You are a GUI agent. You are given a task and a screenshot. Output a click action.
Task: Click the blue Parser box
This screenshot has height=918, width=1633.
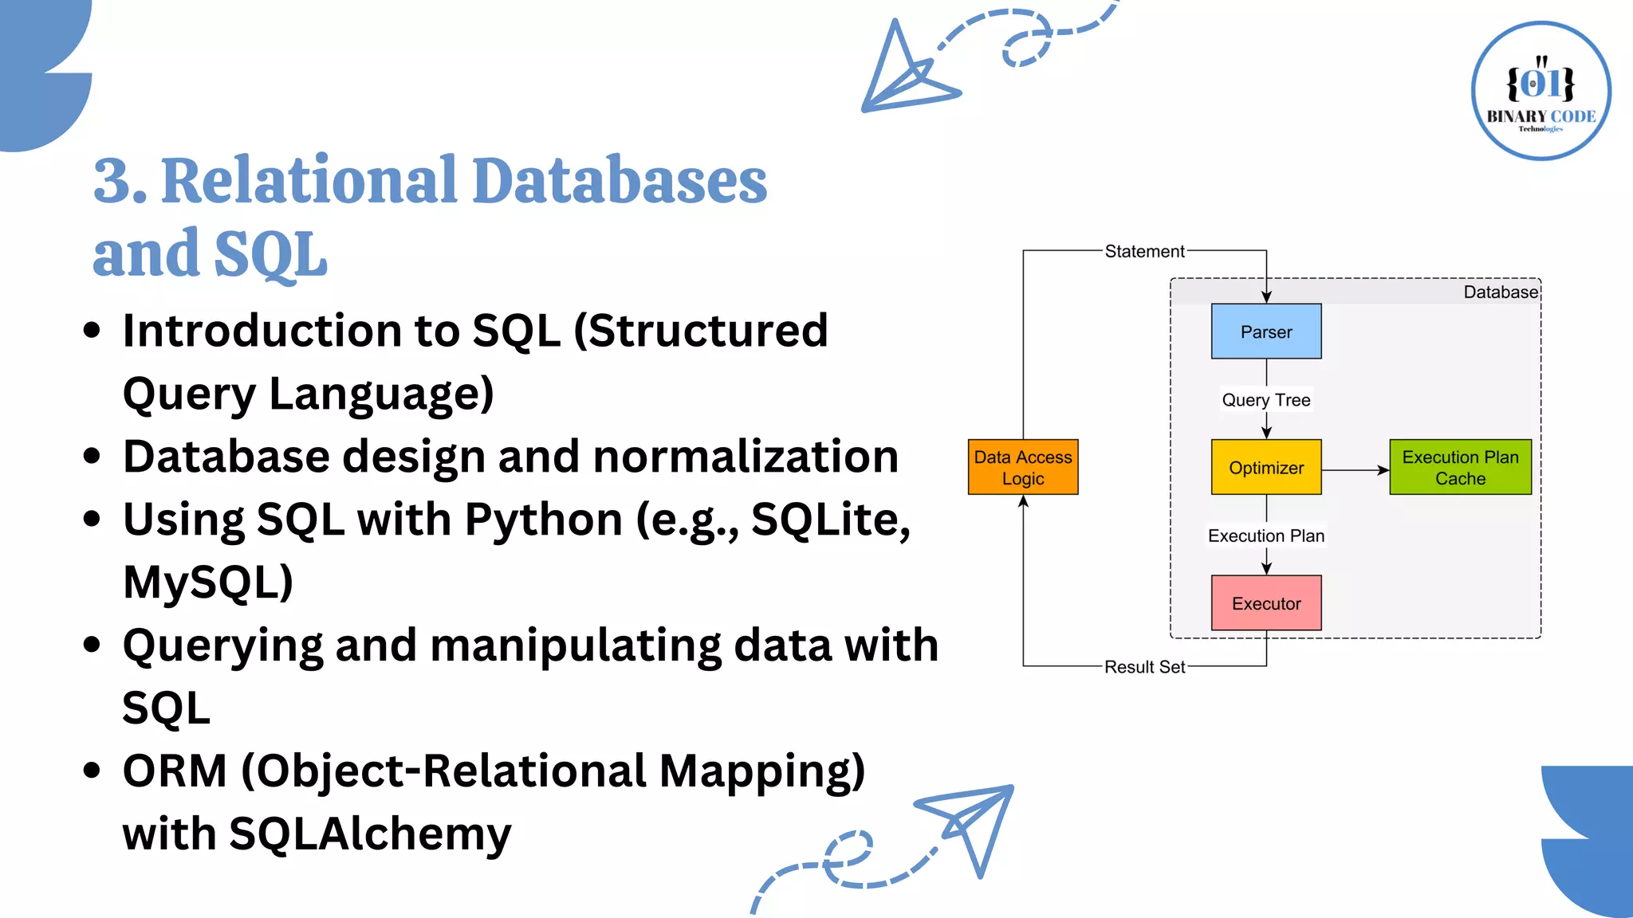pyautogui.click(x=1265, y=331)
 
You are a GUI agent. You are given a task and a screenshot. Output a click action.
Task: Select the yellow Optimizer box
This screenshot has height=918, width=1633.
pyautogui.click(x=1265, y=468)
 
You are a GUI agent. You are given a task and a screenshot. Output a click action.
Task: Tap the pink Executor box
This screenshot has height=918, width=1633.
pyautogui.click(x=1265, y=603)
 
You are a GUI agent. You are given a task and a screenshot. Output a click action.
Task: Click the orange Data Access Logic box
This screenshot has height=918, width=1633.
pyautogui.click(x=1022, y=468)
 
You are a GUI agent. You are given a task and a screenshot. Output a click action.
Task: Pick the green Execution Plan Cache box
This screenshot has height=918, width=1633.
pyautogui.click(x=1460, y=468)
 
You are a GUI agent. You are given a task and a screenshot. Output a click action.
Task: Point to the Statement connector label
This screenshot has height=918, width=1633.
pyautogui.click(x=1144, y=252)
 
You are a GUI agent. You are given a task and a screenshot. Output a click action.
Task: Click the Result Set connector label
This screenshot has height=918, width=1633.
pyautogui.click(x=1144, y=667)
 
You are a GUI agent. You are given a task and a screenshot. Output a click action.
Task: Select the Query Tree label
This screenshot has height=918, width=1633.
pyautogui.click(x=1265, y=400)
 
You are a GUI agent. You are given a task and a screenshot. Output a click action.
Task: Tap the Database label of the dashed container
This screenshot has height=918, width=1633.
pyautogui.click(x=1500, y=292)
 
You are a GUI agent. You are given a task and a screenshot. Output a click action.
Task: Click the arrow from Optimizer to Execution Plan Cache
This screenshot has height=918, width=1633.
pyautogui.click(x=1356, y=470)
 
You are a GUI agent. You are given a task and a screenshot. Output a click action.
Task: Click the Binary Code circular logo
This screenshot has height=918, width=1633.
pyautogui.click(x=1541, y=91)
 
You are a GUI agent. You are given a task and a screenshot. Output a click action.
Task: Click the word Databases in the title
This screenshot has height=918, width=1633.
pyautogui.click(x=620, y=181)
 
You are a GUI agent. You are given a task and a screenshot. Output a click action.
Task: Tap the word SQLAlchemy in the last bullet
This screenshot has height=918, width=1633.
pyautogui.click(x=370, y=834)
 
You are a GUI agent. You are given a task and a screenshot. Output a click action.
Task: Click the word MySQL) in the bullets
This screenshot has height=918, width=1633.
pyautogui.click(x=208, y=583)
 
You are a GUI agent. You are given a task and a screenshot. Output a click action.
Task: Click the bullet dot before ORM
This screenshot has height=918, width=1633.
pyautogui.click(x=92, y=771)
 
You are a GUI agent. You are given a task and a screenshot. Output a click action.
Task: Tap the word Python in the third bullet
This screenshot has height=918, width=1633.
pyautogui.click(x=543, y=520)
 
